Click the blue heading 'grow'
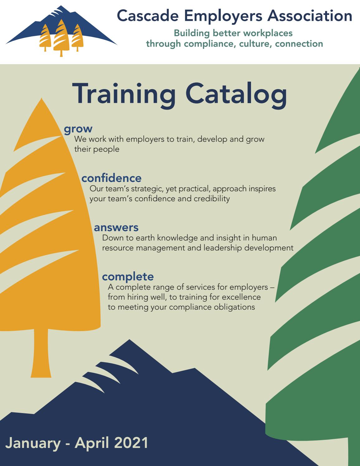click(x=78, y=128)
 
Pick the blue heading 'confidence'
click(x=111, y=178)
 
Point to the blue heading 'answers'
click(x=116, y=227)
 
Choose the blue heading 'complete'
click(x=128, y=276)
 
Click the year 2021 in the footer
click(x=130, y=443)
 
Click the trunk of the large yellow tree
click(x=41, y=352)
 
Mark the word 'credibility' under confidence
click(x=212, y=198)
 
